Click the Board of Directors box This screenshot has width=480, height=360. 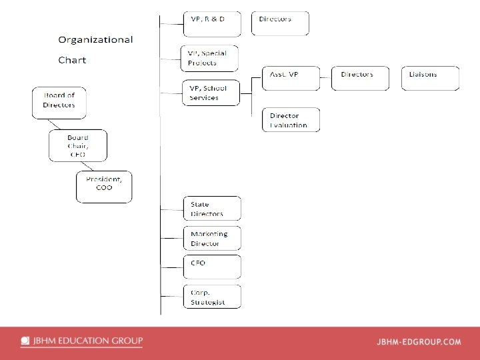pyautogui.click(x=61, y=103)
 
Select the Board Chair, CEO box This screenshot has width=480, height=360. pyautogui.click(x=77, y=145)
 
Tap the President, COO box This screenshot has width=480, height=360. pyautogui.click(x=104, y=187)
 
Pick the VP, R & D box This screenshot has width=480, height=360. pyautogui.click(x=209, y=23)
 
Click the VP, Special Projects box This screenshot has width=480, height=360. pyautogui.click(x=209, y=58)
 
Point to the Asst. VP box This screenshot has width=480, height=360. pyautogui.click(x=291, y=78)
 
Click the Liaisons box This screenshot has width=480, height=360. pyautogui.click(x=430, y=78)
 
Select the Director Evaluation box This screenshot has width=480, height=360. pyautogui.click(x=291, y=119)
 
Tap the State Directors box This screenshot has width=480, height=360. pyautogui.click(x=212, y=209)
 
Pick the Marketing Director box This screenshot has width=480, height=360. pyautogui.click(x=212, y=238)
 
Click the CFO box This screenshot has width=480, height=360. pyautogui.click(x=212, y=267)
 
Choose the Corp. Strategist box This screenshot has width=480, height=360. pyautogui.click(x=212, y=296)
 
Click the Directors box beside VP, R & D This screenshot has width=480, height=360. pyautogui.click(x=280, y=23)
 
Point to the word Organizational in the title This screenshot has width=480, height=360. pyautogui.click(x=95, y=40)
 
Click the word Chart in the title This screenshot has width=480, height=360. pyautogui.click(x=72, y=60)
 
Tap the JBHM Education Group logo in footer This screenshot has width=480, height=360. pyautogui.click(x=81, y=341)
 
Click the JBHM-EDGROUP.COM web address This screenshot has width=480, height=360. pyautogui.click(x=419, y=342)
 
